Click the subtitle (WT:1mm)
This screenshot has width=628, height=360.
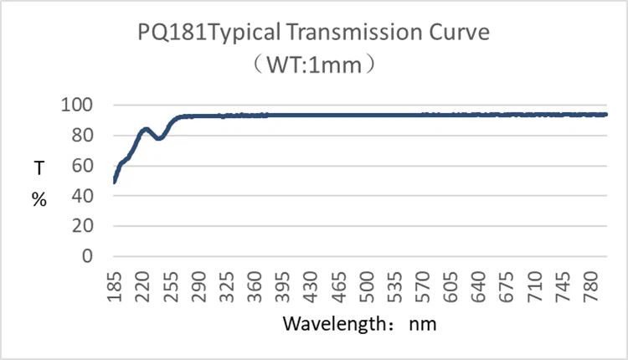coord(314,64)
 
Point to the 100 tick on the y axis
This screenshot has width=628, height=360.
coord(78,105)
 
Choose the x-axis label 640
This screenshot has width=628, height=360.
coord(480,285)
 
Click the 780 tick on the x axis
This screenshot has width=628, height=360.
coord(593,285)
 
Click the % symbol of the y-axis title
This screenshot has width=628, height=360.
coord(39,201)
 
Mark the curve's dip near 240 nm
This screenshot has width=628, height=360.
coord(159,138)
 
